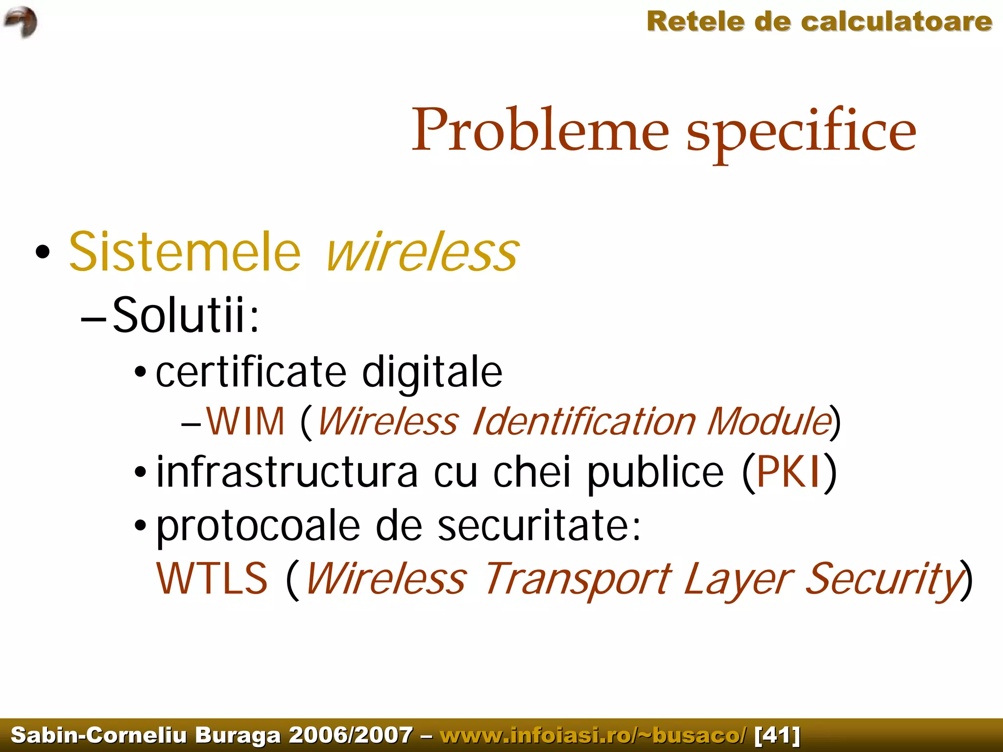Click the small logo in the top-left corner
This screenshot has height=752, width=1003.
pyautogui.click(x=21, y=22)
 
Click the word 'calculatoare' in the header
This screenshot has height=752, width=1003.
pyautogui.click(x=896, y=22)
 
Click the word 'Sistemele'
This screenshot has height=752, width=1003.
pyautogui.click(x=185, y=252)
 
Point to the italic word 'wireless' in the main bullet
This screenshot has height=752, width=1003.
pyautogui.click(x=422, y=252)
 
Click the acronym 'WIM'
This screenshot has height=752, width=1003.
pyautogui.click(x=245, y=422)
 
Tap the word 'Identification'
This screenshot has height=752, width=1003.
pyautogui.click(x=583, y=422)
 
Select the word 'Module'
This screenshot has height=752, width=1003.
pyautogui.click(x=769, y=422)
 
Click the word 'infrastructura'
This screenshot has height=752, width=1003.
pyautogui.click(x=287, y=472)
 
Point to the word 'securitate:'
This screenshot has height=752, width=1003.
pyautogui.click(x=539, y=526)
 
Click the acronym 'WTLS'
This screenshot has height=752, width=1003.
pyautogui.click(x=212, y=579)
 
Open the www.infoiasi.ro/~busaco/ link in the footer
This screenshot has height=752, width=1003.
pyautogui.click(x=593, y=735)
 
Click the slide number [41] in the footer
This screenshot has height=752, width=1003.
pyautogui.click(x=778, y=735)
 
